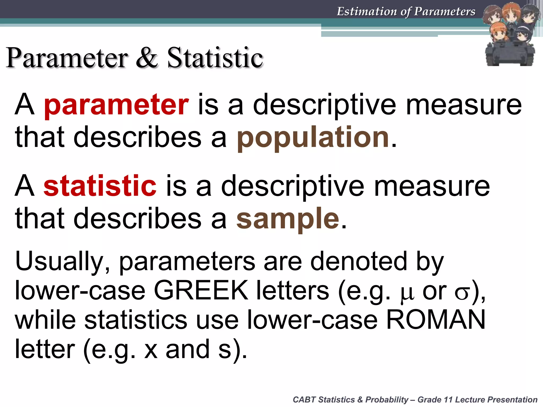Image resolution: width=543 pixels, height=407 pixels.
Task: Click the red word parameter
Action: (x=116, y=105)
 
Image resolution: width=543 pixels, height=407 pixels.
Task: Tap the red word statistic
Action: (x=100, y=186)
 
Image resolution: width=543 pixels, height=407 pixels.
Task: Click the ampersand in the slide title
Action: (x=147, y=57)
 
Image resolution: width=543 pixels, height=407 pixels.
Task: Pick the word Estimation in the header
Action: (x=367, y=11)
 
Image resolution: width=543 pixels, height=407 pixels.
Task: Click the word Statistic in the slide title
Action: (x=215, y=57)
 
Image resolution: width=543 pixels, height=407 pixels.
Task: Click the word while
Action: (x=45, y=320)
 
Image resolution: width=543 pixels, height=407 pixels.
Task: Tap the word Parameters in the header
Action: (x=445, y=11)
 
